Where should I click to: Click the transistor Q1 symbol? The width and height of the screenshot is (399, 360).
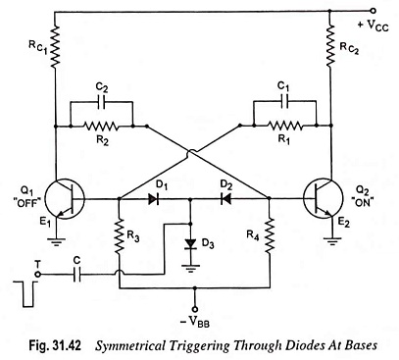[x=65, y=198]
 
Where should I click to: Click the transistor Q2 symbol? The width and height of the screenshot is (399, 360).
[x=323, y=198]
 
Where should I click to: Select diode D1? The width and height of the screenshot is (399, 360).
[x=154, y=198]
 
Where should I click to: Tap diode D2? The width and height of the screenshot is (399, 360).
[x=225, y=198]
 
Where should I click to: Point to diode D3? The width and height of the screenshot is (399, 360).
[x=190, y=243]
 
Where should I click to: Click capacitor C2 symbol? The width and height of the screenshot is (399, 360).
[x=102, y=102]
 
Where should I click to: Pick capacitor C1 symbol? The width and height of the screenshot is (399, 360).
[x=284, y=102]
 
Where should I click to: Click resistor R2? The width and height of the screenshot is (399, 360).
[x=101, y=126]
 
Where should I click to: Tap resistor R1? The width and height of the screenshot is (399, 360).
[x=284, y=126]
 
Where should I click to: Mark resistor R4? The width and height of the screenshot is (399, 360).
[x=270, y=235]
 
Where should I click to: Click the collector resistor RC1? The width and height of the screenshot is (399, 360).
[x=55, y=47]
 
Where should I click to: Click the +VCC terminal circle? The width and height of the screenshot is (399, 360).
[x=374, y=11]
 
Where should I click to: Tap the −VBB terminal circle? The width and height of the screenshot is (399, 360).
[x=195, y=309]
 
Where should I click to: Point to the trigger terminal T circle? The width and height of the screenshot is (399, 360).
[x=38, y=274]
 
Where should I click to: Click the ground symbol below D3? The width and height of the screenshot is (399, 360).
[x=190, y=268]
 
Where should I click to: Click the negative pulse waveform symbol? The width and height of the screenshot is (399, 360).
[x=27, y=293]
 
